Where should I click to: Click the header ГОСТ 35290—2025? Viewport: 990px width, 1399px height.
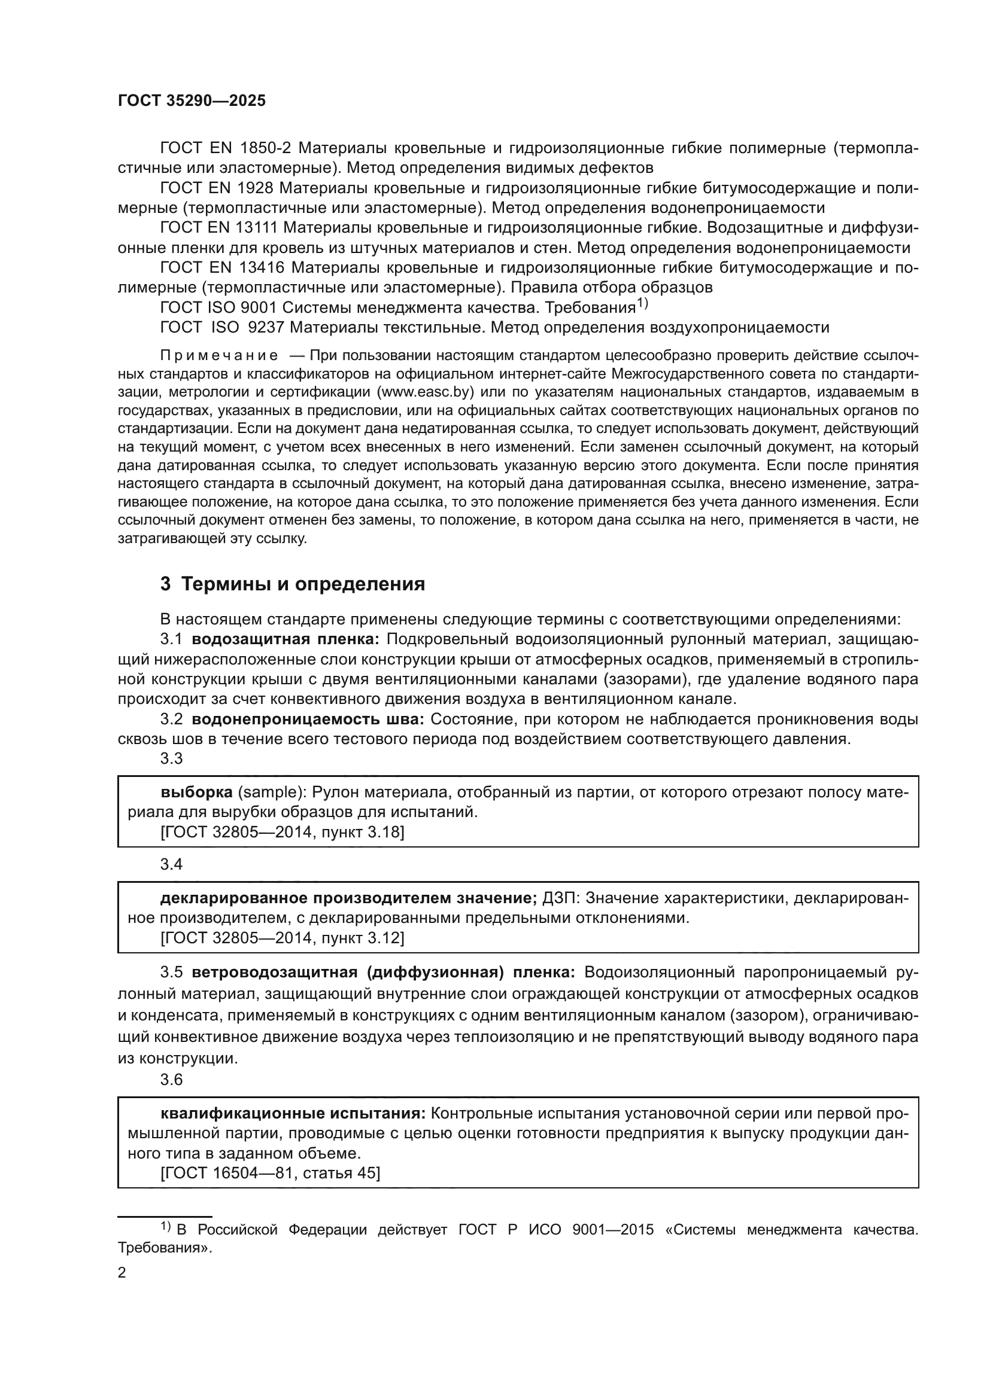(x=192, y=101)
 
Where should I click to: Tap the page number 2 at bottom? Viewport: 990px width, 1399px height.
(x=122, y=1272)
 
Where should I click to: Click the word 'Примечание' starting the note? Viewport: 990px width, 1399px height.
(x=219, y=355)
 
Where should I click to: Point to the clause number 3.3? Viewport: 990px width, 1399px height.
(x=171, y=758)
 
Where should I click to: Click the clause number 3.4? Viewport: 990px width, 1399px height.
(x=171, y=864)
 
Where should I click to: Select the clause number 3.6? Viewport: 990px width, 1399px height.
(x=171, y=1080)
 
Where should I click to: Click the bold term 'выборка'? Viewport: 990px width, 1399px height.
(x=196, y=792)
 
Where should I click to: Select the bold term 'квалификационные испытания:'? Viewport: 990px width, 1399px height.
(x=293, y=1114)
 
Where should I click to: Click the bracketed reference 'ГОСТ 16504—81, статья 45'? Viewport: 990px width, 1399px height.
(x=270, y=1173)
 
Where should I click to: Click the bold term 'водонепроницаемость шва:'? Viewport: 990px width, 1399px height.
(x=308, y=719)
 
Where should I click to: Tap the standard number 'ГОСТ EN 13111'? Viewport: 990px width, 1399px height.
(x=219, y=228)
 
